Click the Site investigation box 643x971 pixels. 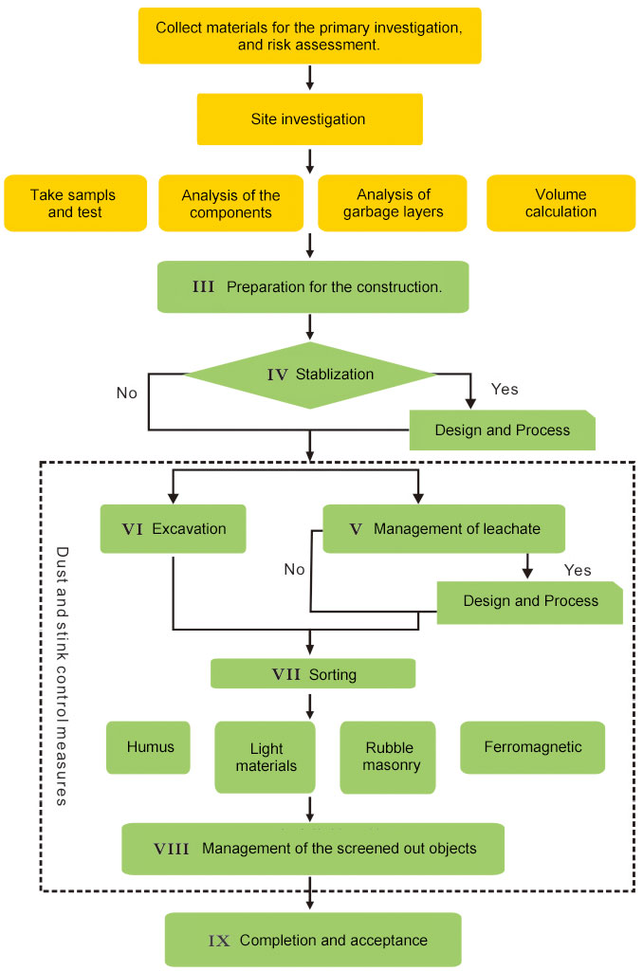(x=309, y=119)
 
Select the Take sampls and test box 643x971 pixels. (x=76, y=203)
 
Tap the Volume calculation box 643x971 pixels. (x=560, y=203)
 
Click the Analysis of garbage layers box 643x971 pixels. (x=393, y=203)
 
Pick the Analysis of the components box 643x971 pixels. (x=231, y=204)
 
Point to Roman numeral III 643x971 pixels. (x=203, y=286)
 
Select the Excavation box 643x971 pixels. (x=174, y=529)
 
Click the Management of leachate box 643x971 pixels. (x=444, y=529)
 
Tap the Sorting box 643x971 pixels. (x=313, y=674)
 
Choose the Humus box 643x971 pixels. (x=150, y=747)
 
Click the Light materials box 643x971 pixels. (x=266, y=757)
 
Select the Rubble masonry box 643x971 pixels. (x=388, y=757)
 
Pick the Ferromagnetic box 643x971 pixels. (x=532, y=747)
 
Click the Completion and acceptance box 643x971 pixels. (x=313, y=940)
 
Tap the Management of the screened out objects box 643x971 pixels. (x=313, y=848)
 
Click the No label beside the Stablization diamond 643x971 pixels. (x=126, y=392)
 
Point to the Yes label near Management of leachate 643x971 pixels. (x=577, y=571)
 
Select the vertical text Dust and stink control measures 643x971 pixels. (x=62, y=675)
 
